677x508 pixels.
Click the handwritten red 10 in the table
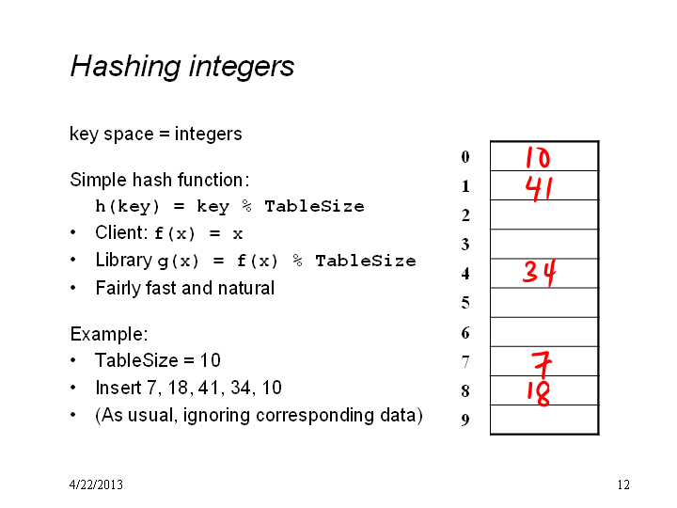538,157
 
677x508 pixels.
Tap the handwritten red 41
539,188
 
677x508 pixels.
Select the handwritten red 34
540,273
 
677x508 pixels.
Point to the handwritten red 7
542,365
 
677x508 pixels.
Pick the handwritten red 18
539,393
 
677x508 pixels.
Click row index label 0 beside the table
465,156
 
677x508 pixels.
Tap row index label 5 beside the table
465,302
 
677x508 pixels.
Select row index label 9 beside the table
465,420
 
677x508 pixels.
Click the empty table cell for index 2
544,214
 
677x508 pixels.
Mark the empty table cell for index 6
544,332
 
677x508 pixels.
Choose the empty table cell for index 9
544,420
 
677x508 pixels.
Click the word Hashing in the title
125,67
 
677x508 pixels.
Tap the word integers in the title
242,68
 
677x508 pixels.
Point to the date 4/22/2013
96,484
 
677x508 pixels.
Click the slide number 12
623,484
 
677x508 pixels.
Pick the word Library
124,261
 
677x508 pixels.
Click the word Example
109,334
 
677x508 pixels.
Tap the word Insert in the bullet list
118,388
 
